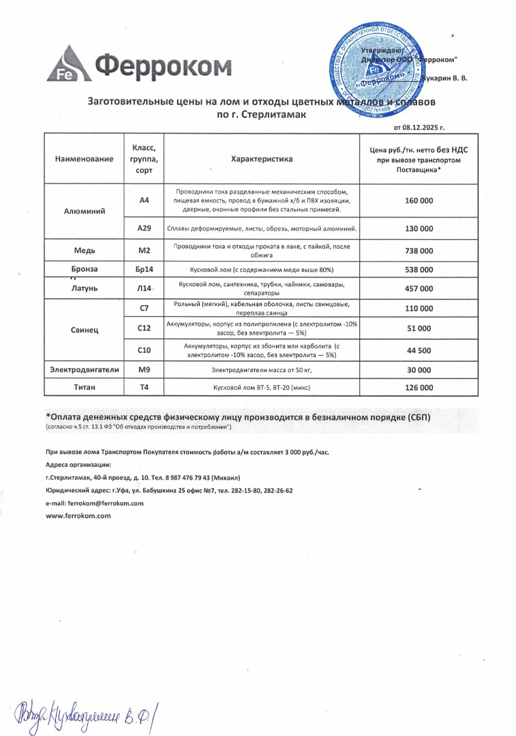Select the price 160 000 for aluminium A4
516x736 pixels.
click(419, 202)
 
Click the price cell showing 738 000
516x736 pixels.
click(419, 251)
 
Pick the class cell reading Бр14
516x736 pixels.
click(144, 270)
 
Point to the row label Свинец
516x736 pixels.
click(85, 330)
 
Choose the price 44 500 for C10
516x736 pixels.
click(419, 350)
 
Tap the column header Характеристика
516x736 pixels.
click(262, 159)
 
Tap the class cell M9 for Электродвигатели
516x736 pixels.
click(144, 370)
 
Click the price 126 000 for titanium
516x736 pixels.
click(419, 388)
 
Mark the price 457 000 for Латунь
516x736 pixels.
click(419, 288)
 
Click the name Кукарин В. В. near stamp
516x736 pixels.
click(445, 79)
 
